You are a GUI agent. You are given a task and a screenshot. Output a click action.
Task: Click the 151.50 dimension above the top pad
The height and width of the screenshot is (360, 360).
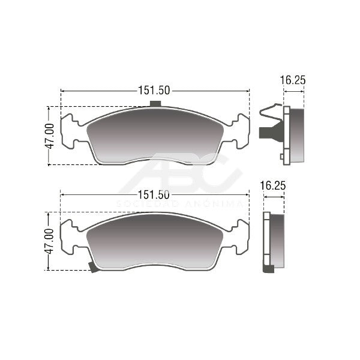click(x=154, y=90)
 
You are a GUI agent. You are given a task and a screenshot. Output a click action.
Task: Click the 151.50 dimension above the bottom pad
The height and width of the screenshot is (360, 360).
click(x=154, y=195)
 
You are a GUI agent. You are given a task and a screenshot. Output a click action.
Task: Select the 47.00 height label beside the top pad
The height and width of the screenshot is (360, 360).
click(x=50, y=136)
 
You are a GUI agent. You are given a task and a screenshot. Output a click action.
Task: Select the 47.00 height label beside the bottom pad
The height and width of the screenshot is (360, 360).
click(x=49, y=241)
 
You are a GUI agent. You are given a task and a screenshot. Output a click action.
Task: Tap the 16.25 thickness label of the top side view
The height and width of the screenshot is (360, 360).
click(x=293, y=80)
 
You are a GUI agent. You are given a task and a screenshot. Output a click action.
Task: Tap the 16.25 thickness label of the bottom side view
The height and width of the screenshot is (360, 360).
click(x=273, y=185)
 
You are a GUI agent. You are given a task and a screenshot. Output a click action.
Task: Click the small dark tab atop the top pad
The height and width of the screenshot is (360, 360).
click(x=155, y=104)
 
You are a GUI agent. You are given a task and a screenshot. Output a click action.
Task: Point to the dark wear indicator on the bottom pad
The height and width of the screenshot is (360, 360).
click(x=93, y=267)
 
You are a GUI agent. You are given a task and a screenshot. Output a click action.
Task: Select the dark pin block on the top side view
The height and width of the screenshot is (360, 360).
click(x=271, y=133)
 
